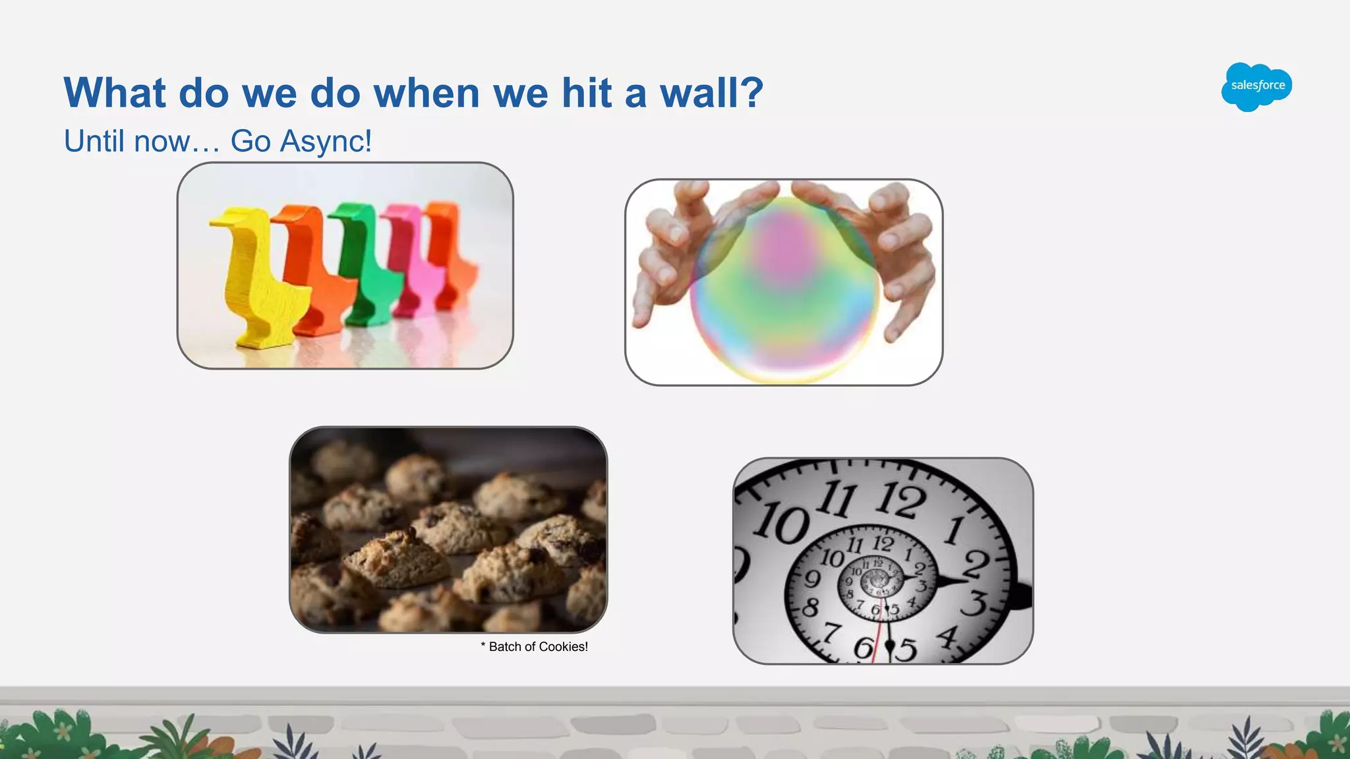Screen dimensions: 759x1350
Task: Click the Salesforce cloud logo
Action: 1256,87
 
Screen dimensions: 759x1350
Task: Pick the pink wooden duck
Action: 412,264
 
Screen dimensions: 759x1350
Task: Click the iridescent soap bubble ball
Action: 784,290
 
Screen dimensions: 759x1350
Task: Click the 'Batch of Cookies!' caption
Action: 535,647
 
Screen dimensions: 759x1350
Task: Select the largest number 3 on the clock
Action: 976,603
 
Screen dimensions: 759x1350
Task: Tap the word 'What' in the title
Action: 114,93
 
